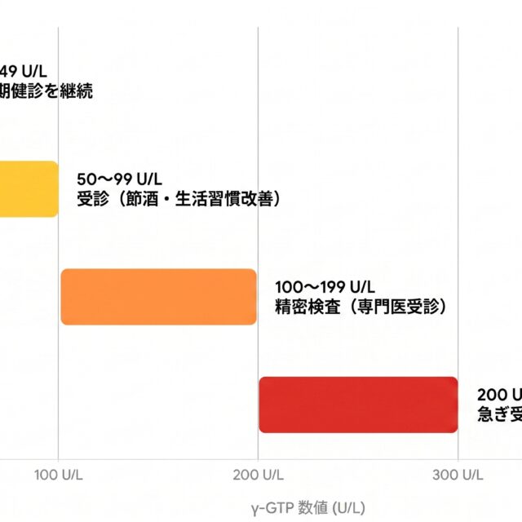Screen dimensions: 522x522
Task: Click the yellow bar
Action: click(29, 188)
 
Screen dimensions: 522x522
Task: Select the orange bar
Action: click(158, 297)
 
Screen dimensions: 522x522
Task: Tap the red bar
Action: click(358, 405)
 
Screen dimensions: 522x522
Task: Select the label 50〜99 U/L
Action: click(119, 179)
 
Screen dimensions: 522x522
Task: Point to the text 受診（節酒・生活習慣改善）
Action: click(178, 199)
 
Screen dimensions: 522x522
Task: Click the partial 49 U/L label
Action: click(24, 71)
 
